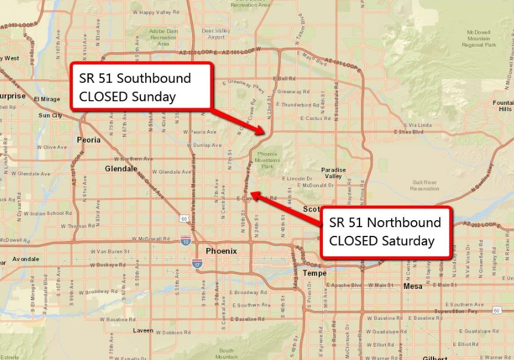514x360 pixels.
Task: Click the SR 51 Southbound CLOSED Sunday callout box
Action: [140, 87]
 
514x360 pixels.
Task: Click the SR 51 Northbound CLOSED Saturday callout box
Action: [385, 231]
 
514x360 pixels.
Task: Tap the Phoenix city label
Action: [221, 251]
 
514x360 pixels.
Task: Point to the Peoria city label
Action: [89, 140]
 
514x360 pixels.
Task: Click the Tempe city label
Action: [314, 273]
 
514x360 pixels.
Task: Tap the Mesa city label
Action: [413, 286]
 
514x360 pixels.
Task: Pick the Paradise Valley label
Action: [333, 173]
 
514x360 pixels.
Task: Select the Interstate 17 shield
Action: [198, 264]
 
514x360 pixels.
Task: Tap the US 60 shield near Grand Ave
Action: [184, 218]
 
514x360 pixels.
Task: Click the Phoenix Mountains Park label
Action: [267, 160]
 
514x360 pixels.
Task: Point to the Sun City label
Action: [50, 115]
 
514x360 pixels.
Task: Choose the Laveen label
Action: [143, 330]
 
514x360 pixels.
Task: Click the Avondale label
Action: [26, 259]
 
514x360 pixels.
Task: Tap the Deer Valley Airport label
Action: [216, 34]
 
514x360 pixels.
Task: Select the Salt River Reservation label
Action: [424, 185]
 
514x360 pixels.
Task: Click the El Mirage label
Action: [47, 99]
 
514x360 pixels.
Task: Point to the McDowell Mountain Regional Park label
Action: [479, 38]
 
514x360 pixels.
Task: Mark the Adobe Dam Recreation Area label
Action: [163, 37]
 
